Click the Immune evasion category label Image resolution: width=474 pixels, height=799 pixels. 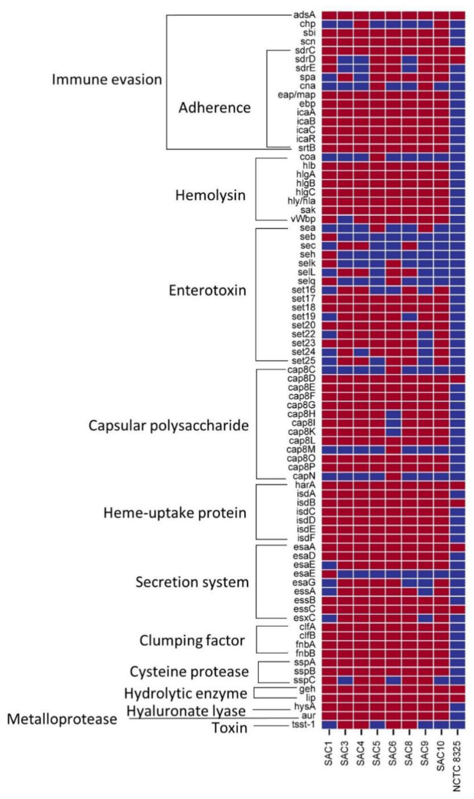[x=107, y=79]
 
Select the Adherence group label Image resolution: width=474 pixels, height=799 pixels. [x=214, y=108]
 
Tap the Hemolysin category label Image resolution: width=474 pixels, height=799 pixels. [x=210, y=195]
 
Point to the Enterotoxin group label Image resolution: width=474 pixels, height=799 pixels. [x=207, y=291]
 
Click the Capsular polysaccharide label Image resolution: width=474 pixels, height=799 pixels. [x=168, y=426]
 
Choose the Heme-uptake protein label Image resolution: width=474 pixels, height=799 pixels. [x=175, y=513]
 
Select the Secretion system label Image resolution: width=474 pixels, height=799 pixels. [x=192, y=582]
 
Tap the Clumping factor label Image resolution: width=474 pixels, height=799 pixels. [x=192, y=641]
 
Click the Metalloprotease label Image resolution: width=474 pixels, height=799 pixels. [x=62, y=719]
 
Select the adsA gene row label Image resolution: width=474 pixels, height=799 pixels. [x=304, y=15]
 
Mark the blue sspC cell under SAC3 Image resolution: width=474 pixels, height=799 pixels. [x=345, y=680]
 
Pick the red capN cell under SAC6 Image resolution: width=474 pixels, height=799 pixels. [x=393, y=476]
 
